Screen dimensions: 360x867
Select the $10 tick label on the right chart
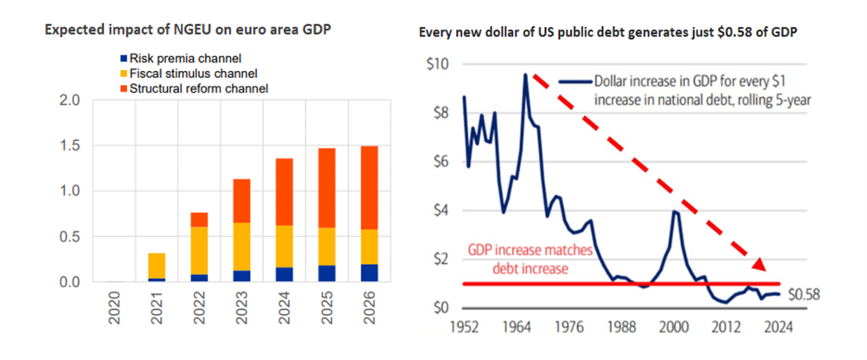click(437, 64)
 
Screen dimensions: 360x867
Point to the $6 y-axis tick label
click(440, 162)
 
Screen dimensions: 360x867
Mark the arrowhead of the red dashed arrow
click(759, 266)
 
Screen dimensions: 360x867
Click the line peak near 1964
click(524, 75)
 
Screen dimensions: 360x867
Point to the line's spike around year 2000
click(675, 211)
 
